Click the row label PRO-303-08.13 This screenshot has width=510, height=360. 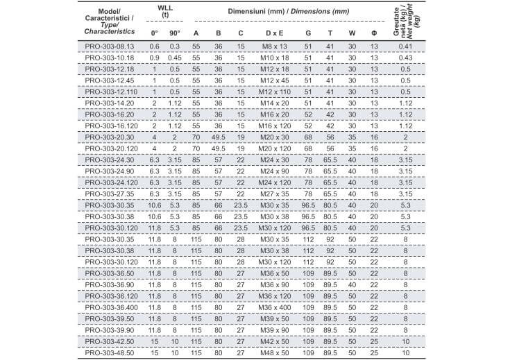click(x=110, y=46)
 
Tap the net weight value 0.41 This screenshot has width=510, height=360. click(x=406, y=46)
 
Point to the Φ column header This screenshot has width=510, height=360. click(x=374, y=33)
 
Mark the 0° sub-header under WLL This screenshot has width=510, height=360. click(x=153, y=33)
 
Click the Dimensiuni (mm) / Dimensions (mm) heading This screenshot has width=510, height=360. click(x=288, y=12)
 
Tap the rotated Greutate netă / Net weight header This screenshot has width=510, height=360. click(x=406, y=19)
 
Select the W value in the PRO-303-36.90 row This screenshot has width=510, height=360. click(x=352, y=284)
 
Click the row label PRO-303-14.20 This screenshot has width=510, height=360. click(x=110, y=102)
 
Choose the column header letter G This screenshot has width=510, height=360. click(x=307, y=33)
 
